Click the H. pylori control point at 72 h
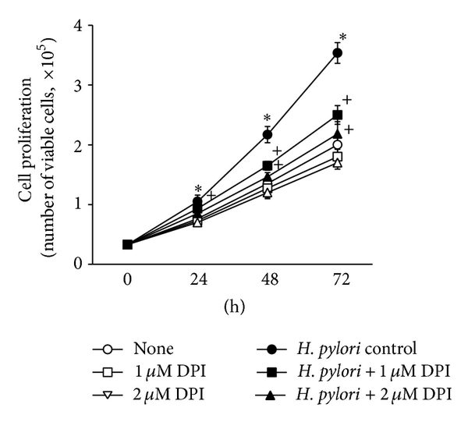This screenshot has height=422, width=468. pos(337,53)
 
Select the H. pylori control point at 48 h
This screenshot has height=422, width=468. pos(267,135)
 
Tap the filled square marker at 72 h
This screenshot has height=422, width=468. pos(337,115)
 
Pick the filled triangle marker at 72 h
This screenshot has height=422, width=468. pos(337,133)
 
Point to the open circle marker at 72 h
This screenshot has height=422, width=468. pos(337,145)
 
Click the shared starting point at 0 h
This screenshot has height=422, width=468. pos(127,244)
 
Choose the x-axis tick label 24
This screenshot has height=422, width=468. pos(197,280)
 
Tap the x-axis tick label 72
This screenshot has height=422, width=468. pos(337,280)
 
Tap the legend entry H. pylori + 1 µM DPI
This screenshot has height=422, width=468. pos(366,373)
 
